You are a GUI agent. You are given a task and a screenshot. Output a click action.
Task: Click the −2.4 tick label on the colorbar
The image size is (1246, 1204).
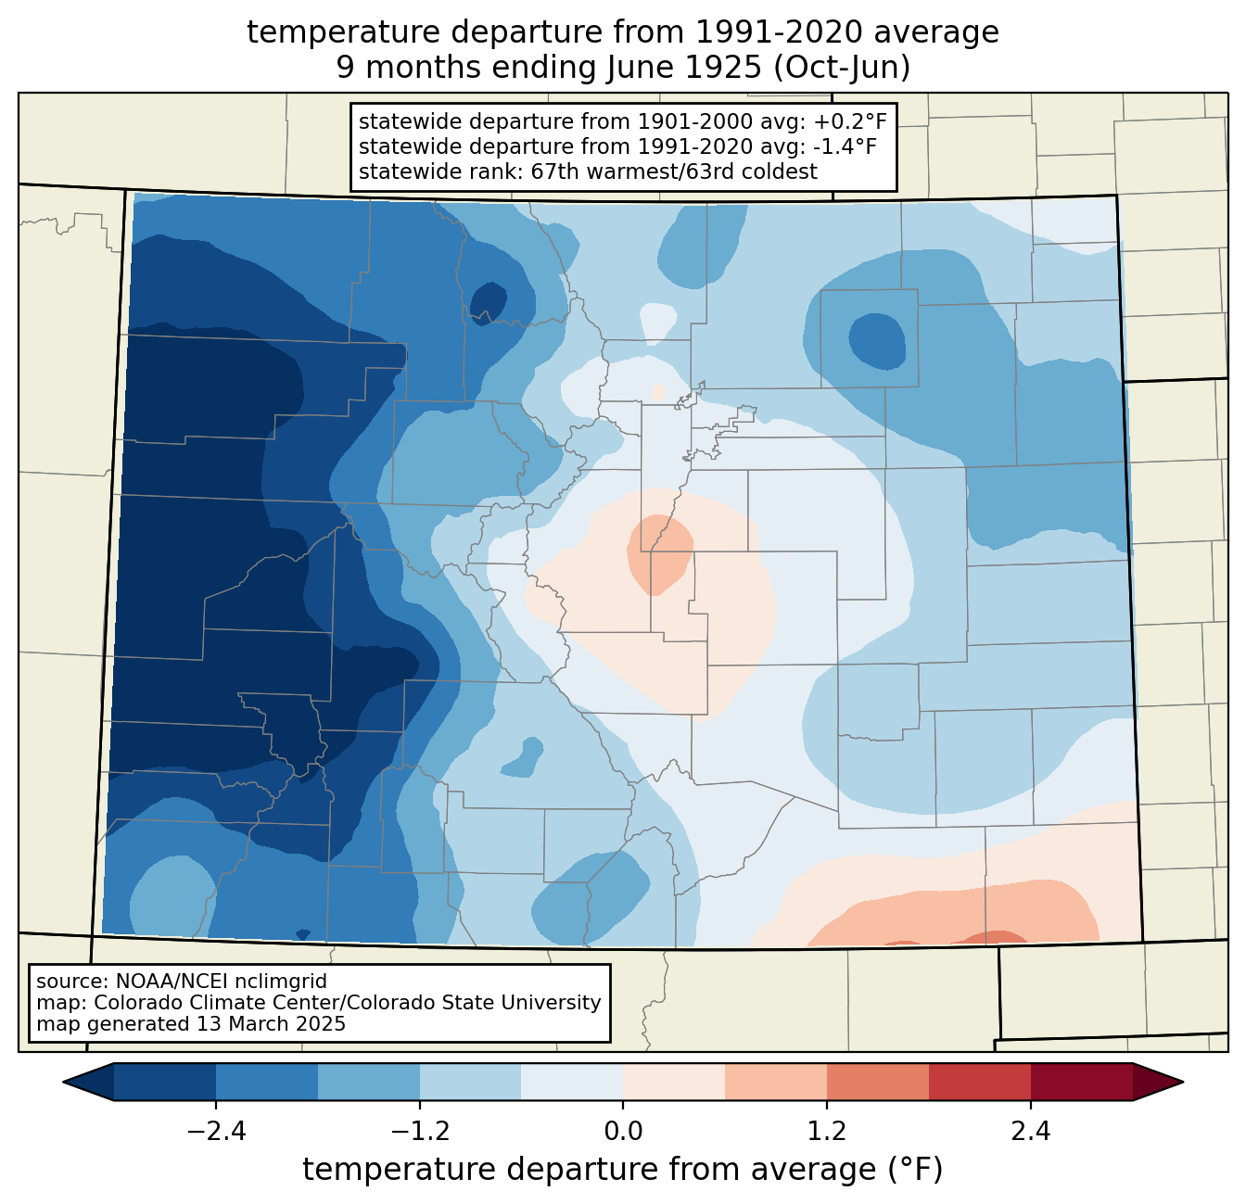216,1132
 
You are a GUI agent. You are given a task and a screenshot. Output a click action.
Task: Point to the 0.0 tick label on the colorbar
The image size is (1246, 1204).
623,1132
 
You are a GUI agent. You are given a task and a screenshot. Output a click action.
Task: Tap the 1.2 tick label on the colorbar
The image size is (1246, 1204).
827,1132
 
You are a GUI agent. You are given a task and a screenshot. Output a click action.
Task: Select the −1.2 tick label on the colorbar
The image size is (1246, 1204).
420,1132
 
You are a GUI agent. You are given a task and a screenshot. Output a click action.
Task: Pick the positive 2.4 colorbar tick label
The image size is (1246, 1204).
1031,1132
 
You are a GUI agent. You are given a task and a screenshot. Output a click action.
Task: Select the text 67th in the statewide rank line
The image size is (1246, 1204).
552,171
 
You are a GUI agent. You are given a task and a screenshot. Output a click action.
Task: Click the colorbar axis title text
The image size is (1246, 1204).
623,1170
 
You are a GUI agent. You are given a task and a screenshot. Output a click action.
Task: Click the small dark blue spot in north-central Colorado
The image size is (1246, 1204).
488,301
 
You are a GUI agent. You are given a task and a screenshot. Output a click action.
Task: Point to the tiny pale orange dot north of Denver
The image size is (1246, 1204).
659,393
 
